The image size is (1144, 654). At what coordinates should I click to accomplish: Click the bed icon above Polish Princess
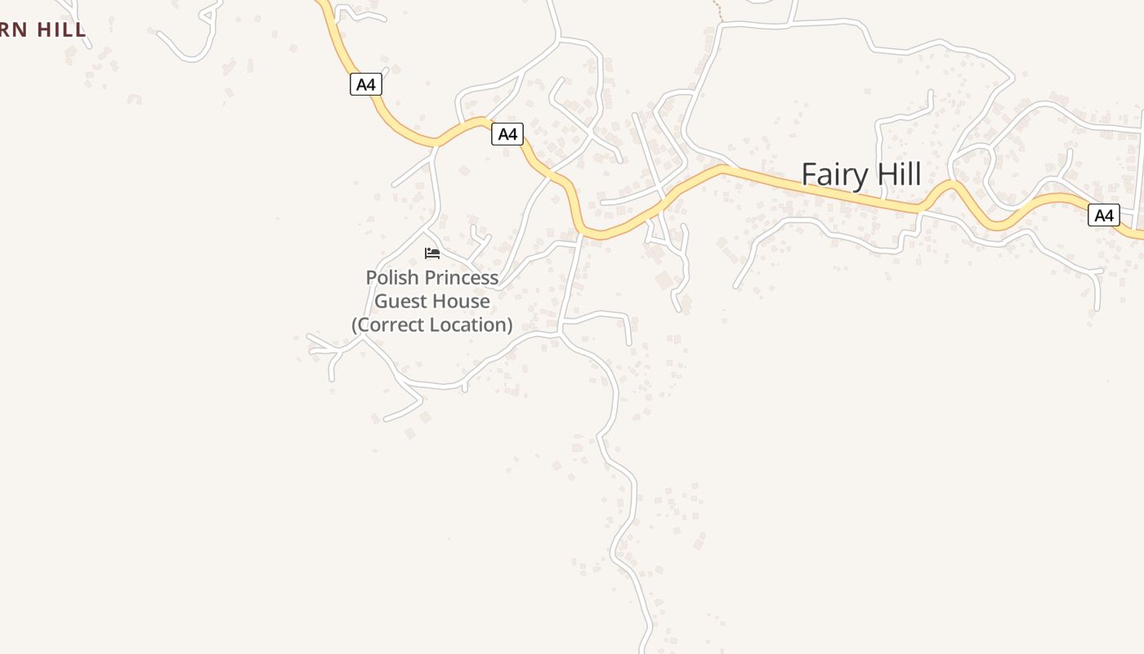tap(432, 253)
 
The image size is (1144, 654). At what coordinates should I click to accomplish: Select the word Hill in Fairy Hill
tap(896, 174)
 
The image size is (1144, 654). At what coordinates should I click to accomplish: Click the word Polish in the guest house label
tap(391, 278)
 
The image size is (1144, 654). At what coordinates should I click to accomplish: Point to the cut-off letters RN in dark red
tap(15, 30)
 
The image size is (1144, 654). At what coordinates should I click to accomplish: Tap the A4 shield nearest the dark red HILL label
tap(366, 83)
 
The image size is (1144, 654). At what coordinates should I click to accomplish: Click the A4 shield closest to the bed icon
tap(507, 134)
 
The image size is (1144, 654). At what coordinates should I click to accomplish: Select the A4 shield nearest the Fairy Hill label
tap(1104, 215)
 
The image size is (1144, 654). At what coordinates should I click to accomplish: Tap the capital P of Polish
tap(371, 278)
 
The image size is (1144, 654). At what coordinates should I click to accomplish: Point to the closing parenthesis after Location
tap(509, 325)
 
